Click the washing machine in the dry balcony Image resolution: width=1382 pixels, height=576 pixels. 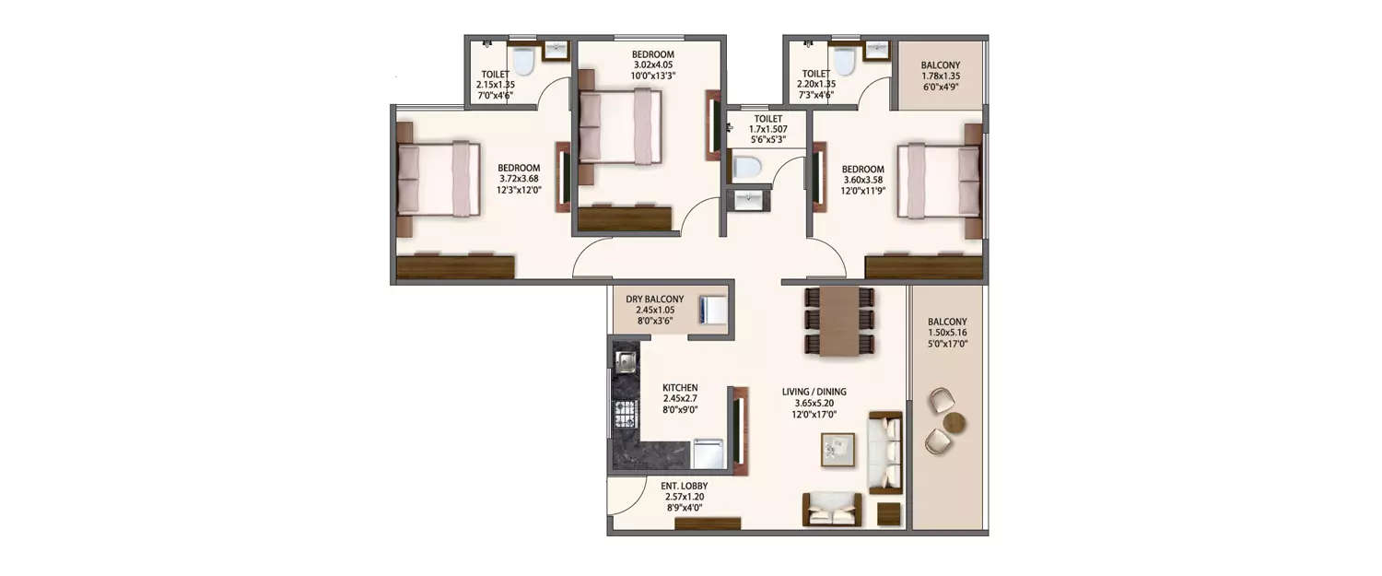point(712,310)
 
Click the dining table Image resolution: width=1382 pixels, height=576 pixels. point(838,320)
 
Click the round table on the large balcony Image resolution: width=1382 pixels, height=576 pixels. point(955,423)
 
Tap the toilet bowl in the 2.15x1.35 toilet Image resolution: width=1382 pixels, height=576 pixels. point(523,62)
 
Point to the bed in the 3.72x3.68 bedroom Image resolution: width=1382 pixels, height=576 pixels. point(439,179)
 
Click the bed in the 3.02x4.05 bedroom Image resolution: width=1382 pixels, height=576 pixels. point(619,127)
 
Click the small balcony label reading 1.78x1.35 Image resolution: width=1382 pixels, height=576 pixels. point(941,77)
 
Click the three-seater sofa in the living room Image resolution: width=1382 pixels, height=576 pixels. point(885,453)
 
